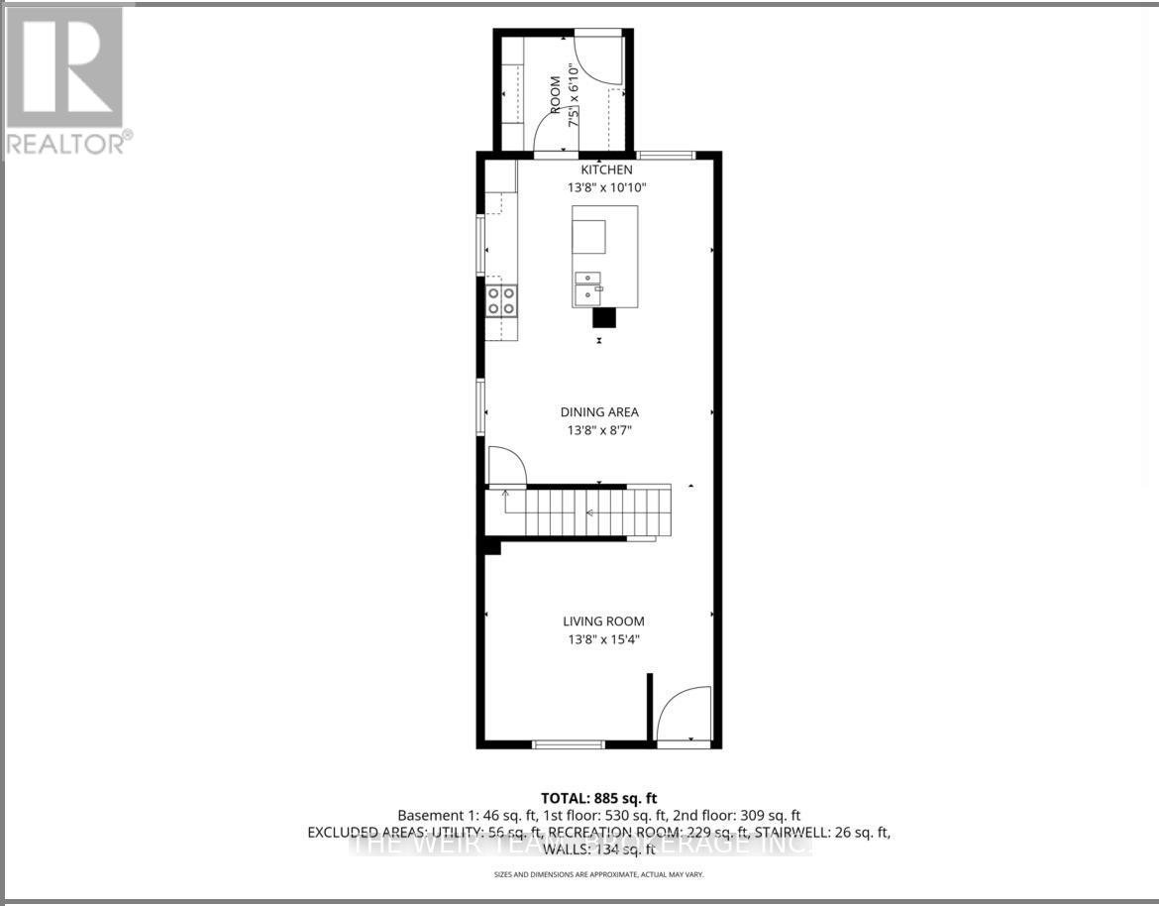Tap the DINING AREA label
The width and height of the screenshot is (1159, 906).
(x=599, y=412)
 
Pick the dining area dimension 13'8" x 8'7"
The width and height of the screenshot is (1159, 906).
(x=599, y=430)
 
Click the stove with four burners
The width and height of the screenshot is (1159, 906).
(x=501, y=299)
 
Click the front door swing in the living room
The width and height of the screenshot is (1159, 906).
(x=684, y=714)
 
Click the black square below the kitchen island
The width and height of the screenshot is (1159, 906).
(x=604, y=318)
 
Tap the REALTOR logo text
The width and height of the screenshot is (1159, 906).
(x=67, y=144)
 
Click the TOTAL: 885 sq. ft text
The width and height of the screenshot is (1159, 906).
(x=598, y=798)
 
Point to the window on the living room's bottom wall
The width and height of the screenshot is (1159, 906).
(x=568, y=743)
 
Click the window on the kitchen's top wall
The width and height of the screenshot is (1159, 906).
(x=665, y=155)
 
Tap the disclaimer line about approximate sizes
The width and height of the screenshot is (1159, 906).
(x=598, y=874)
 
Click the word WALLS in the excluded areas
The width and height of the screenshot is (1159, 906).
(x=565, y=849)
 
